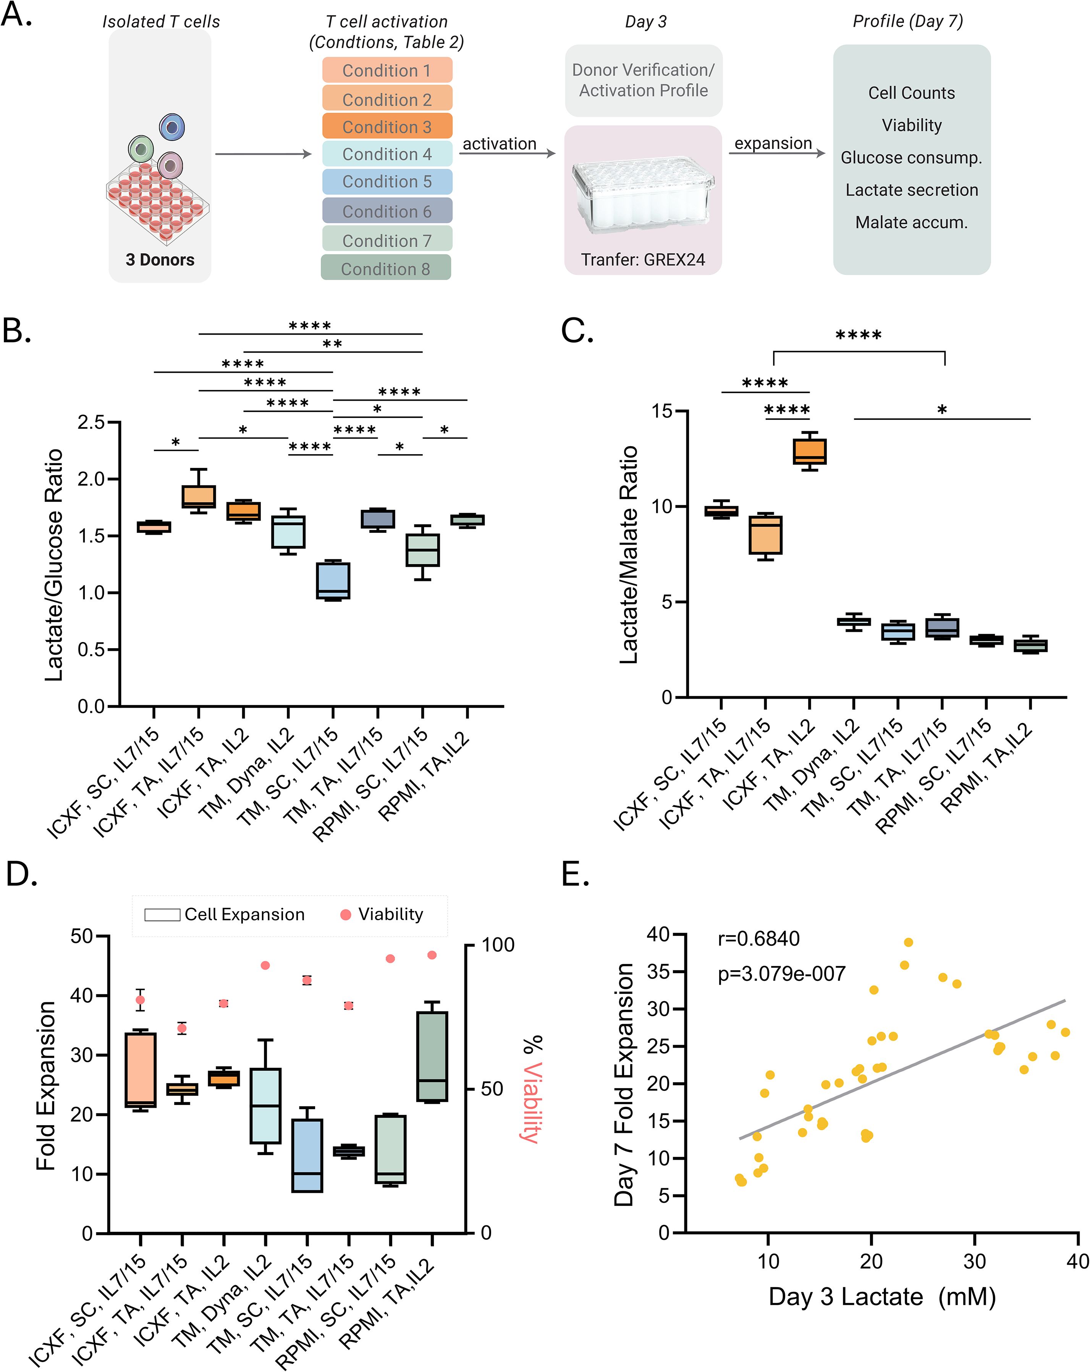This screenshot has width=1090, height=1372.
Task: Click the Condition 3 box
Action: point(387,126)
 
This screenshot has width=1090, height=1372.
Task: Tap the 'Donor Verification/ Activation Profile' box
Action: point(643,80)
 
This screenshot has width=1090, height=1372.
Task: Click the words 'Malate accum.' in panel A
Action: point(911,222)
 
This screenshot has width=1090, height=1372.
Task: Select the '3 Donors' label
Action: point(160,260)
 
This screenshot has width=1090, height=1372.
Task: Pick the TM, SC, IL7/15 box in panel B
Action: point(333,580)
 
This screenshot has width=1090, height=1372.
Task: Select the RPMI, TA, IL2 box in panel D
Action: point(432,1057)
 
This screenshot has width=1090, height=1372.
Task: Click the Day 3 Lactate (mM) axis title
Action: point(882,1297)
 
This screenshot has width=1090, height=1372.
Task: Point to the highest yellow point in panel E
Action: point(908,942)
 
